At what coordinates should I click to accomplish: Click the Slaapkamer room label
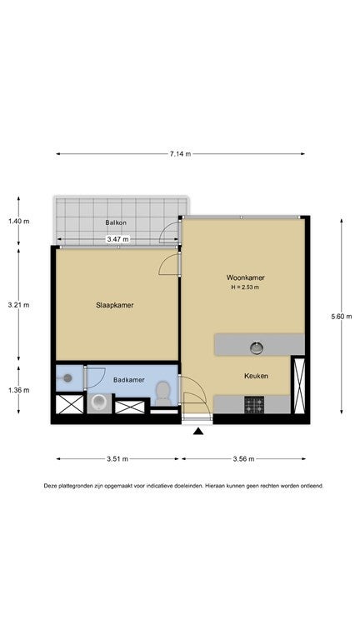[115, 305]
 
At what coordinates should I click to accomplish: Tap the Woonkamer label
[245, 277]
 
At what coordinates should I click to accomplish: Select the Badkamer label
[129, 380]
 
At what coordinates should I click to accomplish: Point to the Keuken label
[257, 376]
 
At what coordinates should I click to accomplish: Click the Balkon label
[116, 222]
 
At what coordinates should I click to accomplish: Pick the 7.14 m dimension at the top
[180, 154]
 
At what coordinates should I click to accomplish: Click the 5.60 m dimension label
[342, 317]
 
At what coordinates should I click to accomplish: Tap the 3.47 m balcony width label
[117, 240]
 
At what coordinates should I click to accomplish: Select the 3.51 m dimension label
[117, 459]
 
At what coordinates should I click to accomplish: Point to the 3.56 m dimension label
[244, 459]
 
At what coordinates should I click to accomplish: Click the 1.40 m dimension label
[18, 222]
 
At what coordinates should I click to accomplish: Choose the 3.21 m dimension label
[18, 305]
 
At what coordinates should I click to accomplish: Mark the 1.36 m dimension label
[18, 390]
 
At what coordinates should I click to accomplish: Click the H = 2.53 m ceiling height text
[245, 287]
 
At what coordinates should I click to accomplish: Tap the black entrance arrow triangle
[198, 431]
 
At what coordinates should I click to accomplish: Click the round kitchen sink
[257, 347]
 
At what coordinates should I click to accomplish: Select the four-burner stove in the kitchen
[254, 404]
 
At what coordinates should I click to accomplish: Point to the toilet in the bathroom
[163, 393]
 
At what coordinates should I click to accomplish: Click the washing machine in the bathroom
[98, 403]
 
